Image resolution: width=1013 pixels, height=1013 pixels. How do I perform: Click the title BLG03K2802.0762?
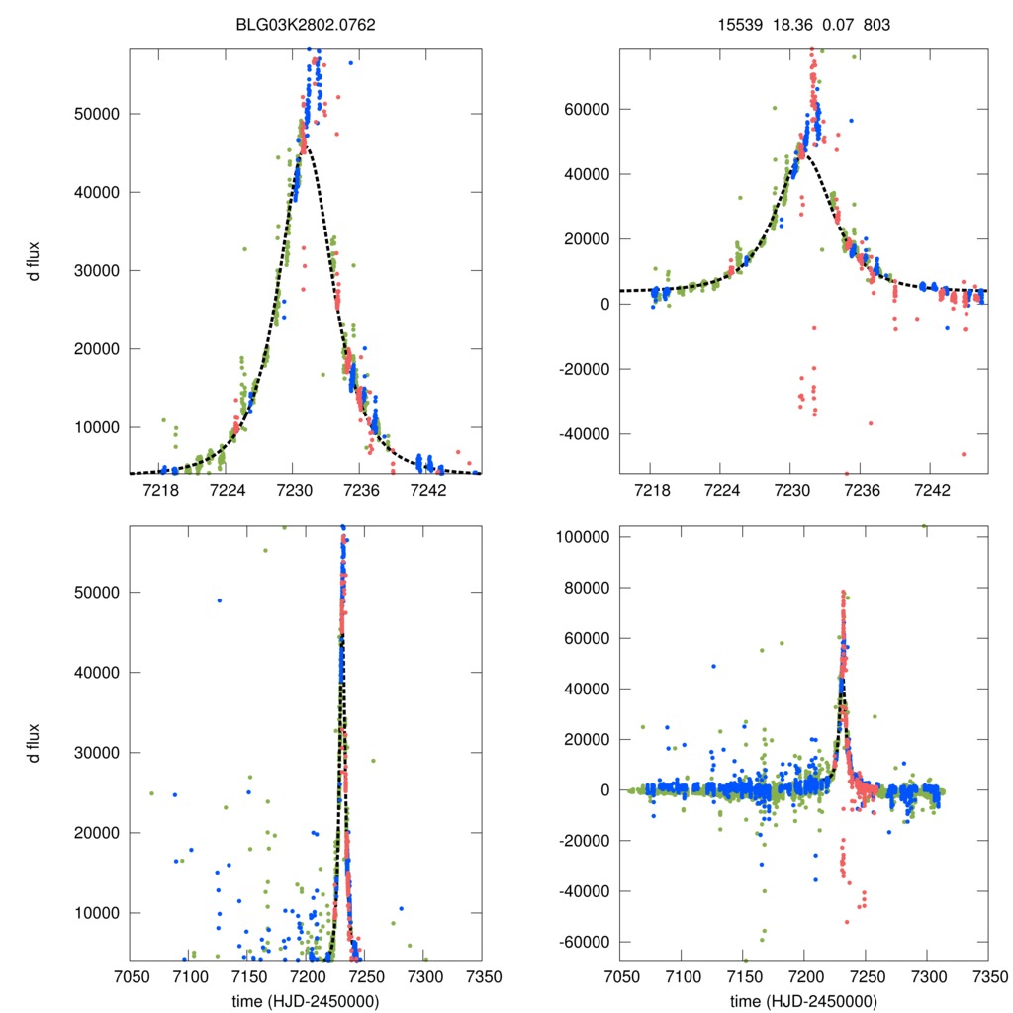point(307,24)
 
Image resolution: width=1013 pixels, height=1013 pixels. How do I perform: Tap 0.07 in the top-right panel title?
point(831,24)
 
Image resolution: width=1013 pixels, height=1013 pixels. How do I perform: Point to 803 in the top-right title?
point(876,24)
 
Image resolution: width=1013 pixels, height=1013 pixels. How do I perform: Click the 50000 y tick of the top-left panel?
point(96,113)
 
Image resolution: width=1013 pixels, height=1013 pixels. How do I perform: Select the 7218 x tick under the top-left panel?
point(160,491)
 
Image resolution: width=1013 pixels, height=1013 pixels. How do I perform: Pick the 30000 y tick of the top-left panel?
point(96,270)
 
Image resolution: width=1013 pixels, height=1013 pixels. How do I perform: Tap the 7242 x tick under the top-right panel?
point(932,491)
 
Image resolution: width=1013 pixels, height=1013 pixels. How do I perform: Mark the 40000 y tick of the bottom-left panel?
point(96,673)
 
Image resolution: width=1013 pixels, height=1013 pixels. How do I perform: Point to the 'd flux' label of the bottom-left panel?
point(34,743)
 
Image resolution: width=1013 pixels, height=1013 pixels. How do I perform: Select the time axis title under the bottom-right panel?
point(803,1001)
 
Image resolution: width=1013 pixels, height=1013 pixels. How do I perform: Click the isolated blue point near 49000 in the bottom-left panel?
point(220,600)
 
